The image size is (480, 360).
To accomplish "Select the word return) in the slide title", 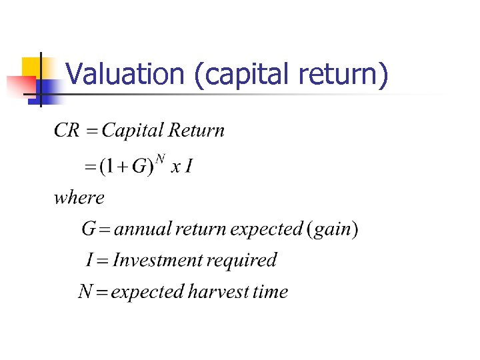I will tap(343, 75).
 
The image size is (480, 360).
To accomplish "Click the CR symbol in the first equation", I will tap(67, 130).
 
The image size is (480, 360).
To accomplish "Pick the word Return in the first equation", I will tap(197, 130).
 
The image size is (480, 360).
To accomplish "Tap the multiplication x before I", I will tap(175, 167).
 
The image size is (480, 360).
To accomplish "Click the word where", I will tap(79, 197).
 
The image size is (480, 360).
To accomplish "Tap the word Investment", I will tap(157, 260).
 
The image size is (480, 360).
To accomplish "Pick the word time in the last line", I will tap(271, 292).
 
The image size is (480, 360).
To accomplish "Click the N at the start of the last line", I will tap(85, 292).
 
